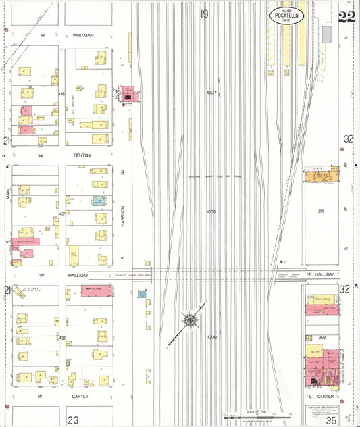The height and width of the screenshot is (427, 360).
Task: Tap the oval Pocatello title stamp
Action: click(x=286, y=16)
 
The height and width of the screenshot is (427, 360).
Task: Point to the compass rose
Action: click(x=190, y=320)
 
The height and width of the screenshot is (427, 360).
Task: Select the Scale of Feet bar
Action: click(x=253, y=415)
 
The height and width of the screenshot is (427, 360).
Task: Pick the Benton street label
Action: click(x=83, y=155)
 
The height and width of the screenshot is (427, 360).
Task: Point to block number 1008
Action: click(x=211, y=211)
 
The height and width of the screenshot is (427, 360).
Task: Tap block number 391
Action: click(x=322, y=211)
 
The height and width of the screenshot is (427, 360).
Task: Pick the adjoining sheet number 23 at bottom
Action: click(x=72, y=420)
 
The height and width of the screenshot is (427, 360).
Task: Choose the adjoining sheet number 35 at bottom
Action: click(x=331, y=420)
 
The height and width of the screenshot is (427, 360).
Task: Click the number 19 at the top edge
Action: click(x=204, y=13)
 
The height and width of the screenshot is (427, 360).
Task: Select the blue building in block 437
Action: click(x=99, y=201)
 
